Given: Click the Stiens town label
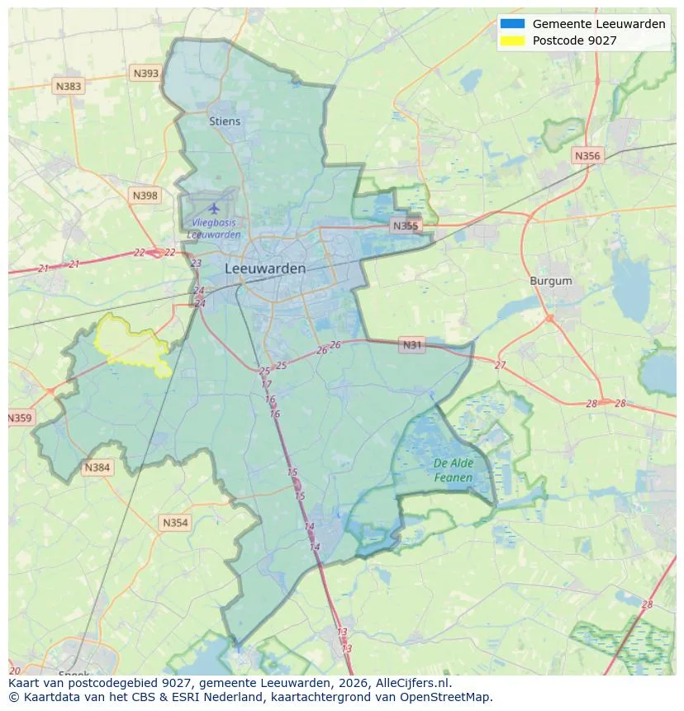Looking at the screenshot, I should point(225,121).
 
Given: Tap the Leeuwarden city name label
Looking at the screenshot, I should point(264,269).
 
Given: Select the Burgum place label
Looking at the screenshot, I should point(550,282).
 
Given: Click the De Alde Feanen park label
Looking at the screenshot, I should point(454,471).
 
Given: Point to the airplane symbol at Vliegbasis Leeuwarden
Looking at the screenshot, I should point(215,207).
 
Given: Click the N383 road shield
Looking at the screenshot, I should point(69,86).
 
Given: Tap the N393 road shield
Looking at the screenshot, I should point(145,73).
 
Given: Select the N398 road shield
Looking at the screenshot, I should point(145,196).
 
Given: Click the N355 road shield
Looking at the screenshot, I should point(406,225).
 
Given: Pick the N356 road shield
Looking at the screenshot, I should point(587,155).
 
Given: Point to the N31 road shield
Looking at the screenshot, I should point(411,345).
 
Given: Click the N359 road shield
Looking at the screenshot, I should point(20,419).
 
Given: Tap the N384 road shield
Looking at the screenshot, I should point(97,468).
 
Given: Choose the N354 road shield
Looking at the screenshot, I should point(175,523).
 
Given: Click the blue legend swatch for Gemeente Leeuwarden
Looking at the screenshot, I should point(511,24).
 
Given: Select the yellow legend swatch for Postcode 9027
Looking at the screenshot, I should point(511,40).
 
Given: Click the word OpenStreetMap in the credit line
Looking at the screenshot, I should point(450,698).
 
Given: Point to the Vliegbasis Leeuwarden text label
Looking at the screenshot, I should point(214,229).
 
